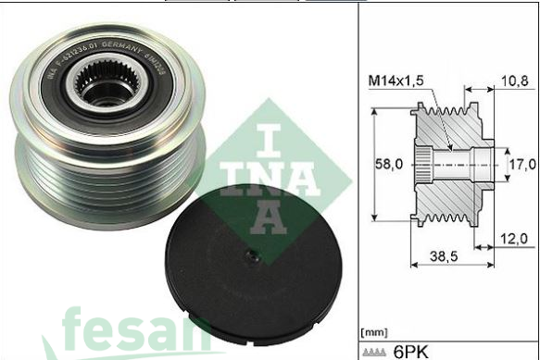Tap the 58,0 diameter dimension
[387, 164]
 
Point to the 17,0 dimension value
[522, 164]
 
